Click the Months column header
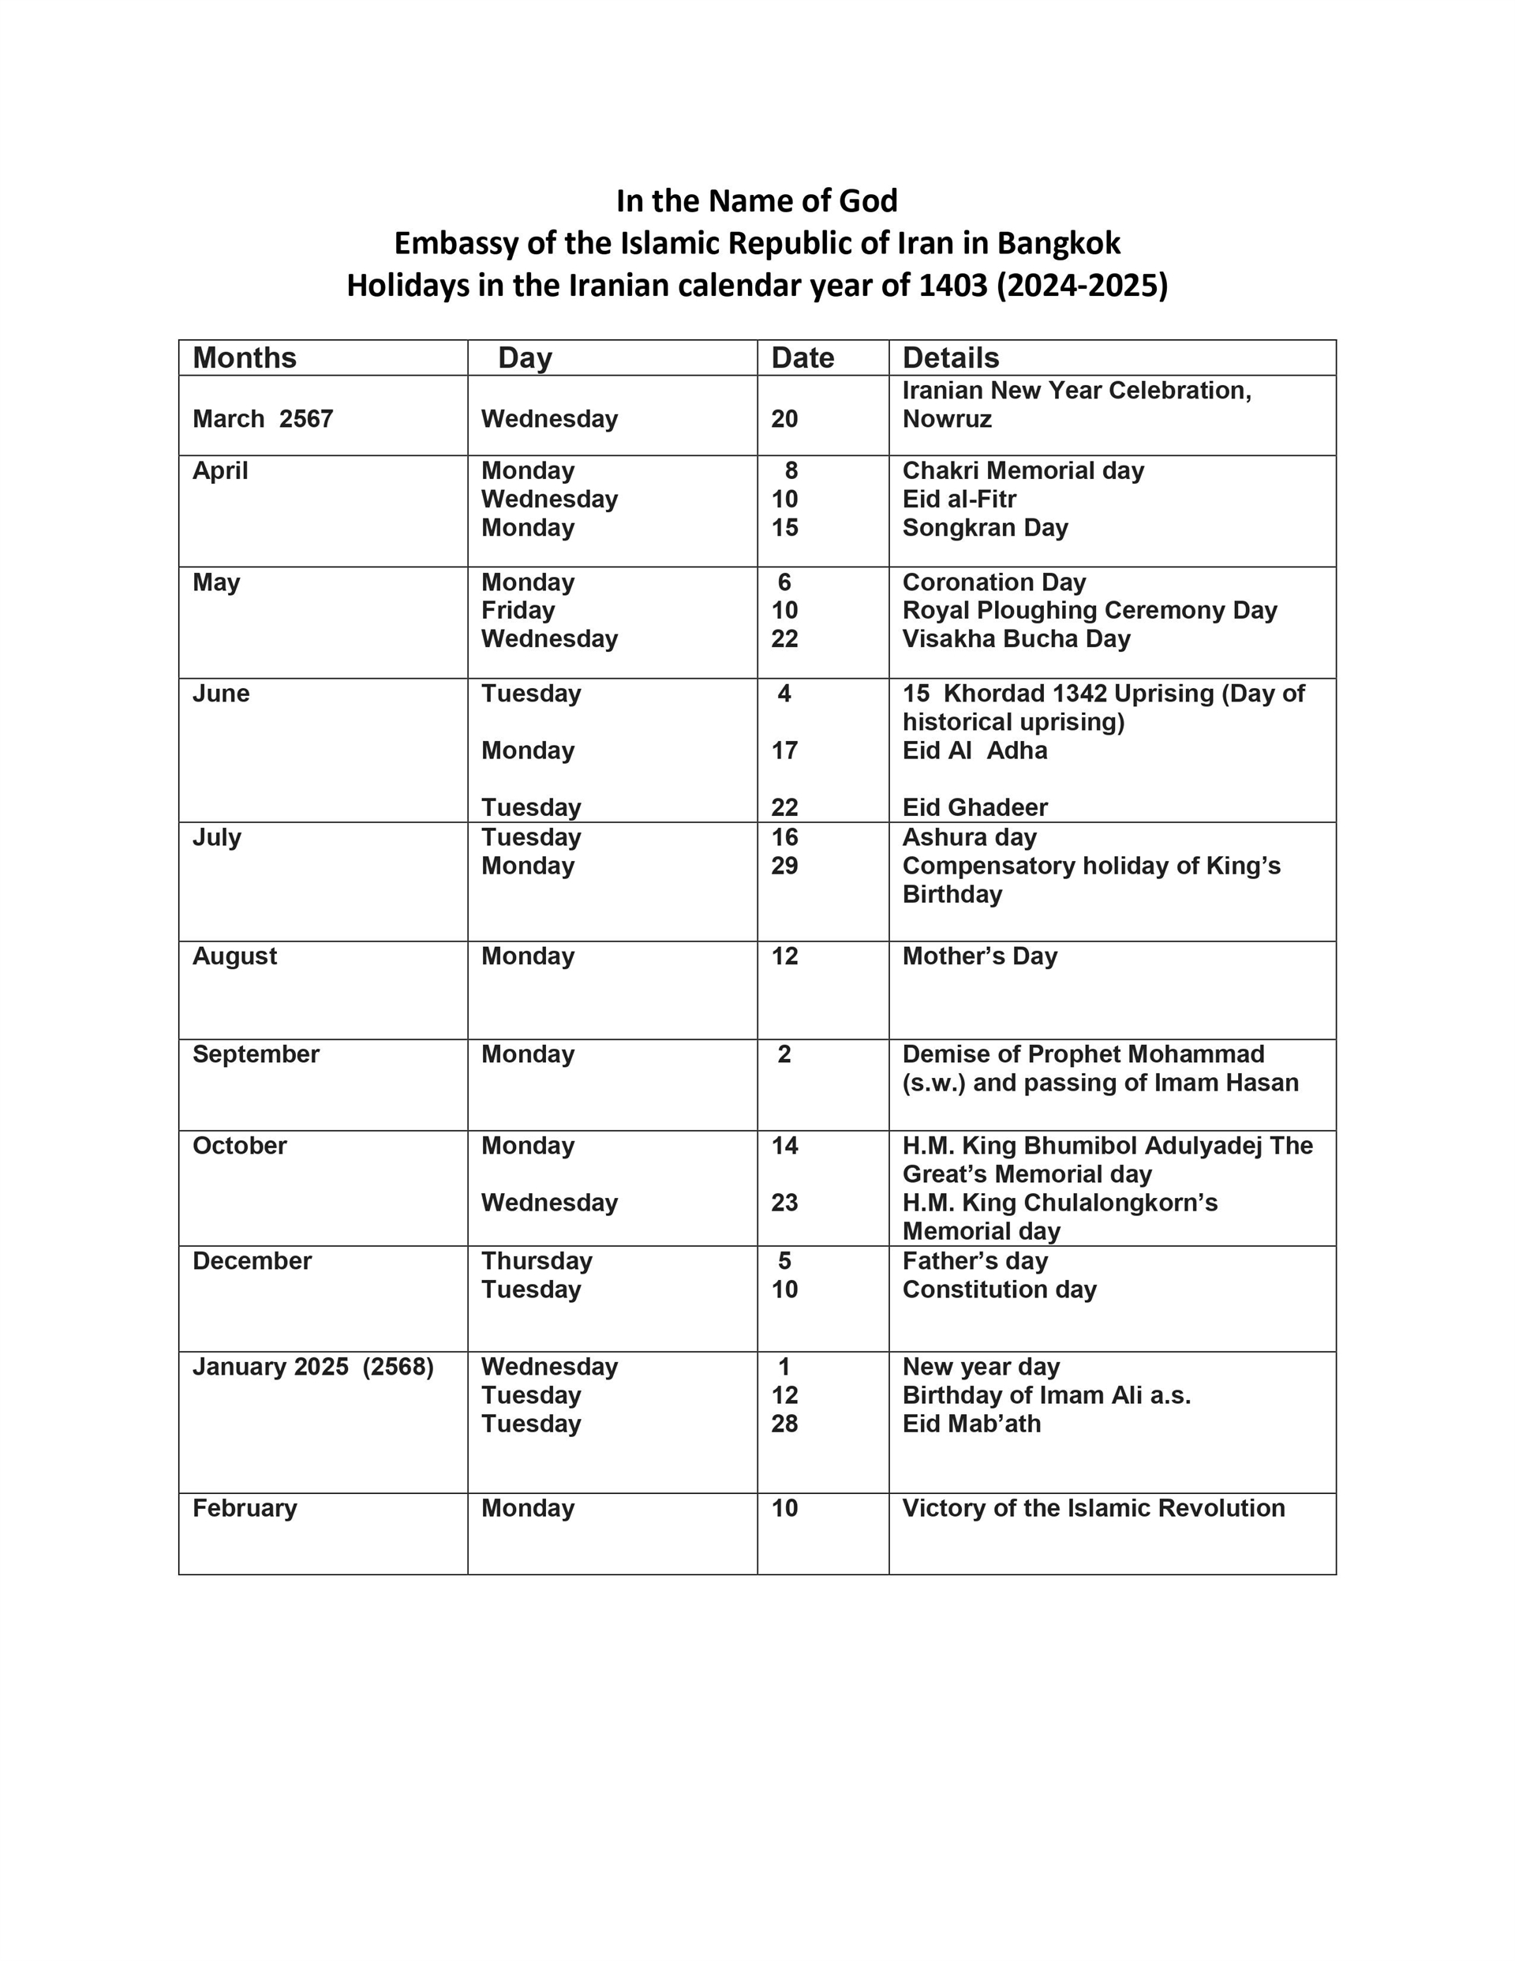(x=245, y=357)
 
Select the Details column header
(x=950, y=357)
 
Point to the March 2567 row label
(x=262, y=418)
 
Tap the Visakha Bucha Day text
(x=1016, y=638)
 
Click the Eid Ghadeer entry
(x=974, y=807)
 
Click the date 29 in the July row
(x=784, y=866)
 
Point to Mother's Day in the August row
(x=979, y=956)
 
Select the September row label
(x=255, y=1053)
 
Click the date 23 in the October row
(x=784, y=1203)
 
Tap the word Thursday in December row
(x=536, y=1261)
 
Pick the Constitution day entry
(x=999, y=1289)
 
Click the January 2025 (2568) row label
(x=312, y=1367)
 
